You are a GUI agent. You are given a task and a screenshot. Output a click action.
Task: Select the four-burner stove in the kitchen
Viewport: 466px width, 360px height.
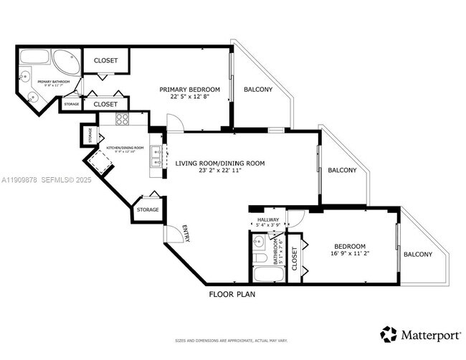123,119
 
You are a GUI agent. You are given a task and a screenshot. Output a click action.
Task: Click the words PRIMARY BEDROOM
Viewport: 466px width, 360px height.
189,89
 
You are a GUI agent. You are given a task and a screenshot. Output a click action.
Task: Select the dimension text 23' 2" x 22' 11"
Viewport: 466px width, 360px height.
220,171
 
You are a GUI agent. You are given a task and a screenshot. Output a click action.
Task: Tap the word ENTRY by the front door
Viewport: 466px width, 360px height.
186,233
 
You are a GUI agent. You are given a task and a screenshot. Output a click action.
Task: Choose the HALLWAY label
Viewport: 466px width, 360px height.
268,220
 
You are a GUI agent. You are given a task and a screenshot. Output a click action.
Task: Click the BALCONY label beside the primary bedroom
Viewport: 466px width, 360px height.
258,90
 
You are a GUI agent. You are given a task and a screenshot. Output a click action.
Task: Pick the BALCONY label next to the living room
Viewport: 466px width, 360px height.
343,171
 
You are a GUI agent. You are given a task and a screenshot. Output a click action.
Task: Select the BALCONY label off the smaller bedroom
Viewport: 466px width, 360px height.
418,255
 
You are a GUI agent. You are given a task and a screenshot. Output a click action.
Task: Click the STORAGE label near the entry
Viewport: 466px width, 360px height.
148,209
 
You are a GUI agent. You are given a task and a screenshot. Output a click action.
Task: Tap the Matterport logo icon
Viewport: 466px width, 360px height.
389,333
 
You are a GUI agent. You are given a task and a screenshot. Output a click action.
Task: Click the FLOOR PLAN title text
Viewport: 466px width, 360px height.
232,294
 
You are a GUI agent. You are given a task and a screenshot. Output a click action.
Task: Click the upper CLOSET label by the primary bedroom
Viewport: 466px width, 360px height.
105,61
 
